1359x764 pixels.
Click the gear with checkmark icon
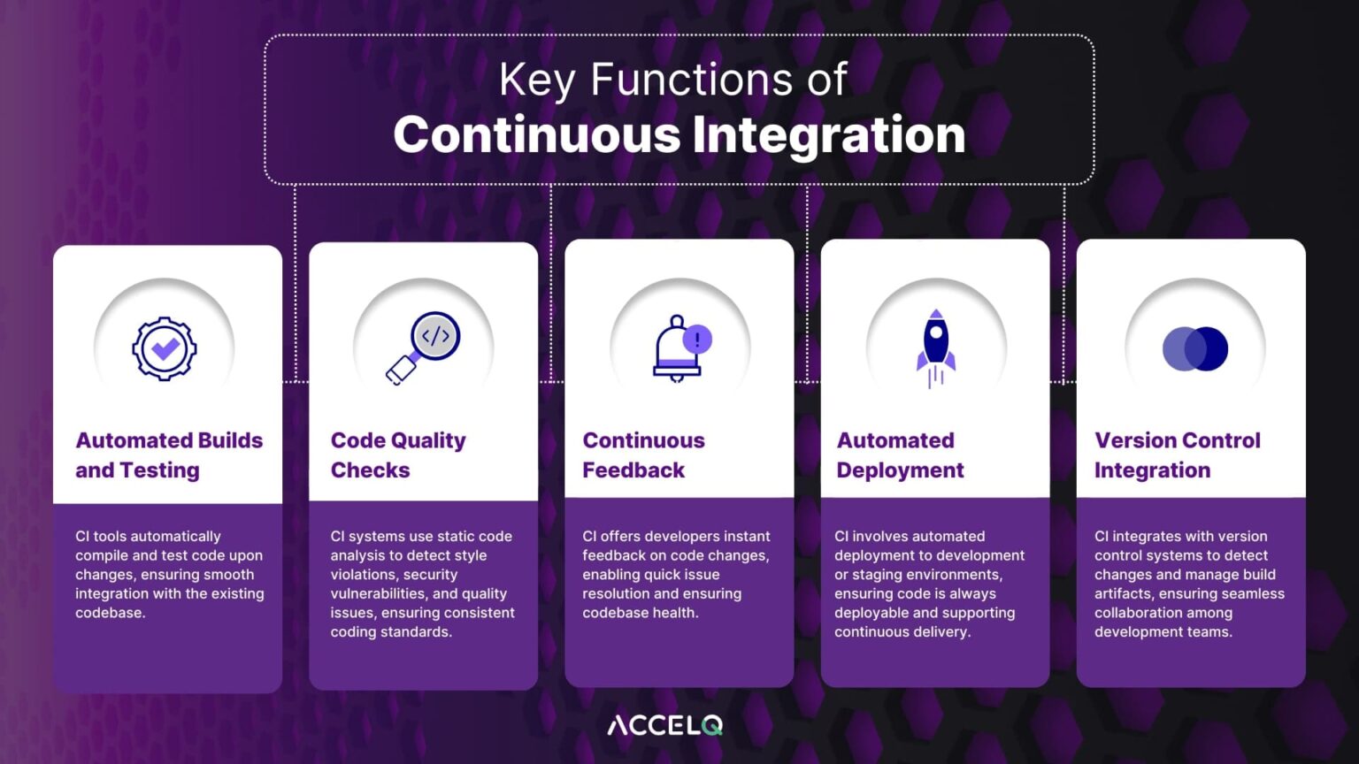click(165, 348)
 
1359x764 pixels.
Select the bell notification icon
click(679, 348)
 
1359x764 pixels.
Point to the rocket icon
click(936, 348)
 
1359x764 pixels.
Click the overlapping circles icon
click(1194, 348)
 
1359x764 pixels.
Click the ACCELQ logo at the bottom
click(665, 726)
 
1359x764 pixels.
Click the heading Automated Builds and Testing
click(169, 455)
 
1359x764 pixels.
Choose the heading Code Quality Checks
click(398, 455)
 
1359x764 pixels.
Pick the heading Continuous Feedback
click(643, 455)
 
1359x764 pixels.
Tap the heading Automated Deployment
click(900, 455)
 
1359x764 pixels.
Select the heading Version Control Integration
click(1177, 455)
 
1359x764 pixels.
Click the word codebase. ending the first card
click(110, 613)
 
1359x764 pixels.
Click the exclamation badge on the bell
click(697, 339)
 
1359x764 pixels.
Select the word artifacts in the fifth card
click(1123, 593)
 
